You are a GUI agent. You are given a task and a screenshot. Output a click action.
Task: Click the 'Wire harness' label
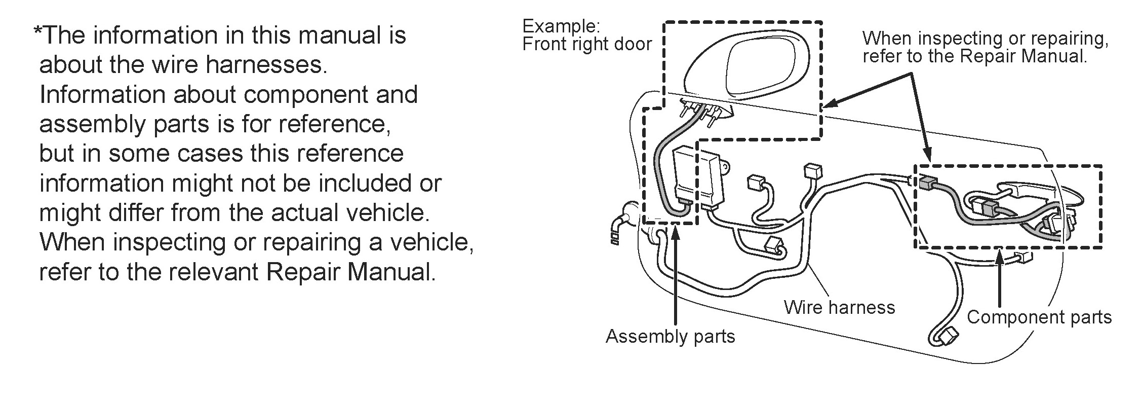pos(839,307)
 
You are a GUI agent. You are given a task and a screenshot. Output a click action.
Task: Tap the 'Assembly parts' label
pos(670,336)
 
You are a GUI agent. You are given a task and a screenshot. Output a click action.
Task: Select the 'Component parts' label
pos(1039,317)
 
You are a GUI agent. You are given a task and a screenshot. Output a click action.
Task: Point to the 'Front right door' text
pos(586,45)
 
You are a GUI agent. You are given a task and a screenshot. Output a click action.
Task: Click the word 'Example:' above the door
pos(561,26)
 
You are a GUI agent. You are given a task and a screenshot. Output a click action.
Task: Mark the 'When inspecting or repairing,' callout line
pos(985,38)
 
